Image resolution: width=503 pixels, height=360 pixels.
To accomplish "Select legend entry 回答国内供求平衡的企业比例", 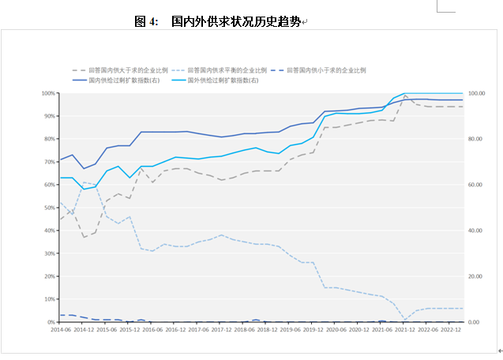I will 228,70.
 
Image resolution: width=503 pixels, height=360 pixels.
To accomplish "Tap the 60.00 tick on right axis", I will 476,185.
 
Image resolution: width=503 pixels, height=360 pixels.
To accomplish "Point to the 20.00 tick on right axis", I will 476,276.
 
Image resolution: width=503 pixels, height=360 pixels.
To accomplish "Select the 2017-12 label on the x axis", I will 223,330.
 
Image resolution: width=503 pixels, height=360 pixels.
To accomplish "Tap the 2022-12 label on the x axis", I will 452,330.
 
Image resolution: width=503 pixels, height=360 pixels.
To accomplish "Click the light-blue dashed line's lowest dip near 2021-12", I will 405,319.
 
